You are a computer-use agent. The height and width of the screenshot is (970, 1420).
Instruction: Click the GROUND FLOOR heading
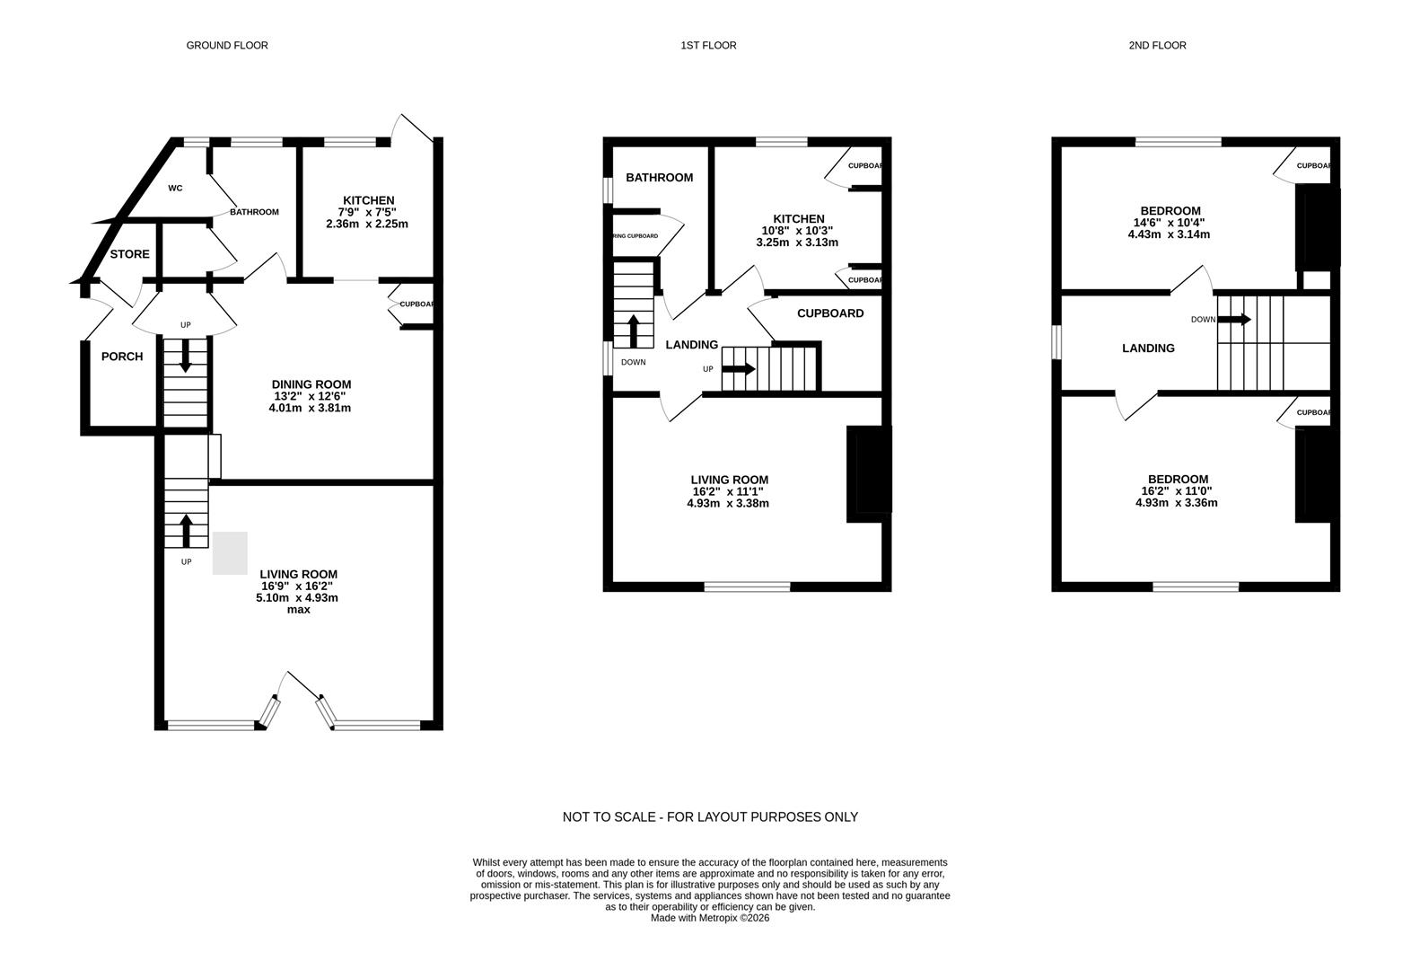(227, 45)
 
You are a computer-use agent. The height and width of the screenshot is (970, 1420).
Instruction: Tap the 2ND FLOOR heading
(1157, 45)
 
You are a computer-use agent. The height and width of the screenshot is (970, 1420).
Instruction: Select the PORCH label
(122, 357)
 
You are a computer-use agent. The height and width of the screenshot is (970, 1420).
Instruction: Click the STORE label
(129, 254)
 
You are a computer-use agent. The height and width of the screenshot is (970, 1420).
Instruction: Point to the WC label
(176, 189)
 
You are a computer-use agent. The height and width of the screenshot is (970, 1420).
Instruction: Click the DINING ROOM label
(311, 384)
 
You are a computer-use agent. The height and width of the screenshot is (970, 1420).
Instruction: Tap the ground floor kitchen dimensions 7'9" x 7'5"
(368, 212)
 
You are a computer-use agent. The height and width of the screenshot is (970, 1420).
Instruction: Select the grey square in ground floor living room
(230, 553)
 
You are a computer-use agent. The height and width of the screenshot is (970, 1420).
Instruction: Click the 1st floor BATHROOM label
(659, 178)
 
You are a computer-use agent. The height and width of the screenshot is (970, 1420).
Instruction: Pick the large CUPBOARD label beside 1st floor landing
(830, 313)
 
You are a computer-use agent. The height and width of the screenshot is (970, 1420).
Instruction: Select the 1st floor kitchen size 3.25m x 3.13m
(797, 242)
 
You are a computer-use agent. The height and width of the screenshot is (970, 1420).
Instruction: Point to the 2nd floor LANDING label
(1148, 348)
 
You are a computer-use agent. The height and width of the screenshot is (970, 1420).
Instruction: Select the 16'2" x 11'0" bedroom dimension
(1177, 491)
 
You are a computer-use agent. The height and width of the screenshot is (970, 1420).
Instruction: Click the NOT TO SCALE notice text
(710, 817)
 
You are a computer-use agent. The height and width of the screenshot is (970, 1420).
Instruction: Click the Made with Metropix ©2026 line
(710, 918)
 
